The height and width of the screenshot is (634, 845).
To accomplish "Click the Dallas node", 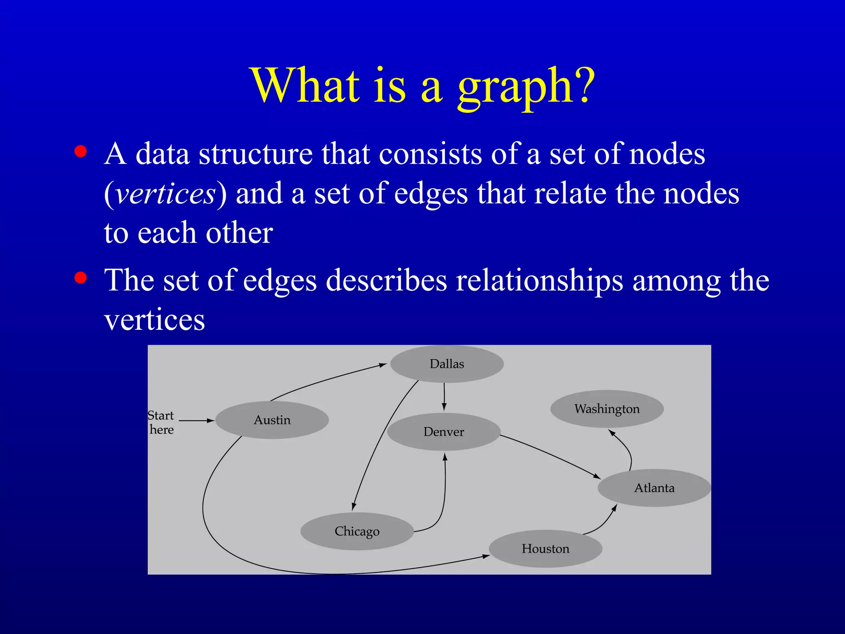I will (447, 364).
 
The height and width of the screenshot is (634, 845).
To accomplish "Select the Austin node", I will (272, 420).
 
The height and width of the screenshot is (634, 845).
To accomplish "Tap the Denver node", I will (444, 432).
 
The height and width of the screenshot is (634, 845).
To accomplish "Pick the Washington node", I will (607, 409).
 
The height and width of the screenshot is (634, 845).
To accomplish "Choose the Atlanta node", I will (654, 488).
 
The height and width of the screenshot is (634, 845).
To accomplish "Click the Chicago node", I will (357, 531).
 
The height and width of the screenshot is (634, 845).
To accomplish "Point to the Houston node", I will (545, 549).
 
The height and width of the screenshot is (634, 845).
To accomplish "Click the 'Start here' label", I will (161, 422).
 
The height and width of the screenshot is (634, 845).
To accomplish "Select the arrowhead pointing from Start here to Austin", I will (210, 421).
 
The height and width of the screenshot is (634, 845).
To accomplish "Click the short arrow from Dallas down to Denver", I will (444, 396).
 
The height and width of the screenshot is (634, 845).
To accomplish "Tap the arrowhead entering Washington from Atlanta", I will (612, 433).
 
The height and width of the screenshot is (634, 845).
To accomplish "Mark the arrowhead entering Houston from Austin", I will (486, 556).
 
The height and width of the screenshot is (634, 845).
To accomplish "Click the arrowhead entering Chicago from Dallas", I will (354, 506).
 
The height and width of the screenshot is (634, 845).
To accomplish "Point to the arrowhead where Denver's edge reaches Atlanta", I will (597, 476).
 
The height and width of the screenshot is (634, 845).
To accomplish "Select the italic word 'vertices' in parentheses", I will (165, 193).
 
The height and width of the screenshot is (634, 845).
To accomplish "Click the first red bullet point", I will (80, 151).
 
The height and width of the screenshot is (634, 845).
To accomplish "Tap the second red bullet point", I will (80, 278).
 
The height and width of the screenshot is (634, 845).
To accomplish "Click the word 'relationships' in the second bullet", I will (539, 281).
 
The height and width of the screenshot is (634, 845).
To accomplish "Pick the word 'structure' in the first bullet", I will (255, 154).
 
